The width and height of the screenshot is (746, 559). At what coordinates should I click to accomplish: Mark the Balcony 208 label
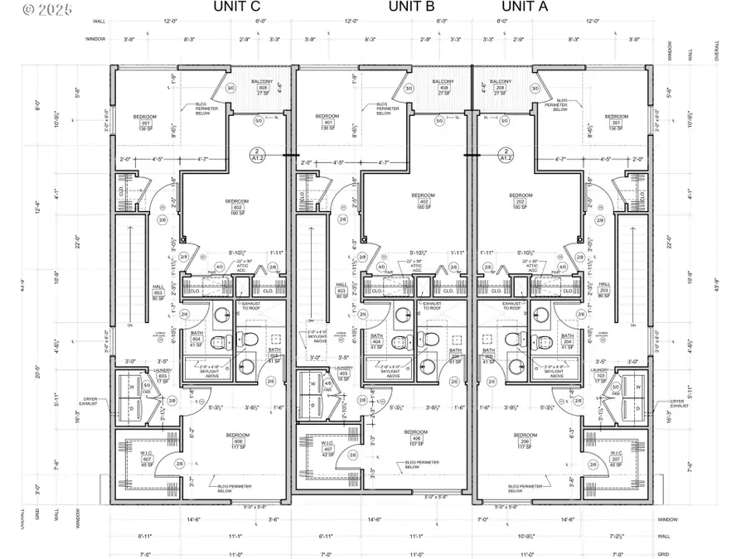[x=501, y=88]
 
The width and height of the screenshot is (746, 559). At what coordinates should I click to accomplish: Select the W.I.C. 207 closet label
[x=617, y=459]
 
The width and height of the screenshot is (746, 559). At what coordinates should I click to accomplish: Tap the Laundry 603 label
[x=162, y=375]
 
